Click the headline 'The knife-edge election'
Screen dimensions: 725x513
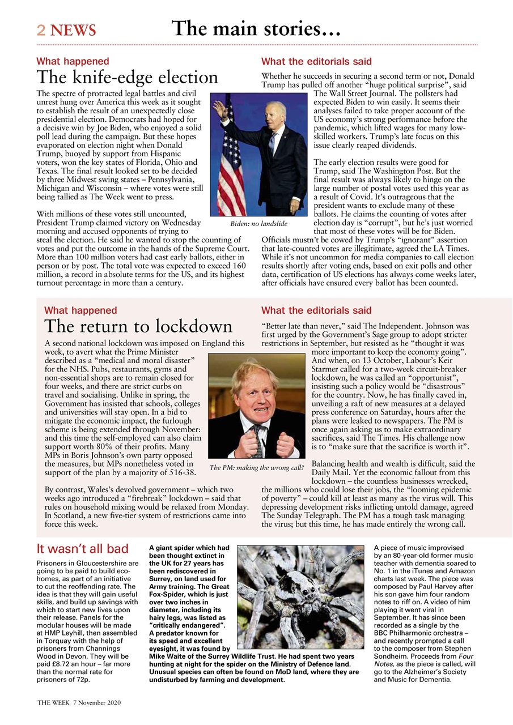127,77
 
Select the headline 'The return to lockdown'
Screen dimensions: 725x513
138,326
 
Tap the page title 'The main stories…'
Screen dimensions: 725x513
256,28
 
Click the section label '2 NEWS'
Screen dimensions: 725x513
66,30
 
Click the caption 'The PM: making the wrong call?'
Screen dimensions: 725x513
257,468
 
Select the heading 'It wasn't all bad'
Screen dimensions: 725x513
82,549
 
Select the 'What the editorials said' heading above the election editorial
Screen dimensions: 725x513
316,61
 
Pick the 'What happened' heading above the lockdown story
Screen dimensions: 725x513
80,310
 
